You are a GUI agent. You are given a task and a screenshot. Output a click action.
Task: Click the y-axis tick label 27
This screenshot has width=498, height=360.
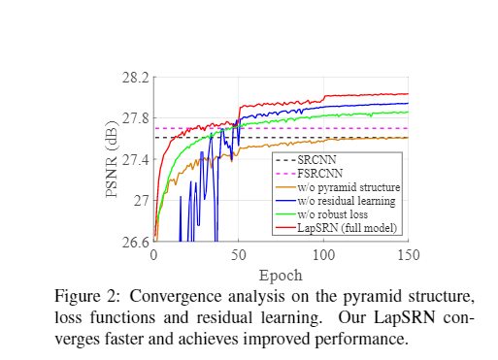(x=140, y=201)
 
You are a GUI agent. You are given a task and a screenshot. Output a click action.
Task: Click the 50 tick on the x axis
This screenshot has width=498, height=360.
(x=239, y=255)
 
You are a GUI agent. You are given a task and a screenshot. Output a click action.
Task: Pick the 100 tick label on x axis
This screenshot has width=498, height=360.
(x=323, y=255)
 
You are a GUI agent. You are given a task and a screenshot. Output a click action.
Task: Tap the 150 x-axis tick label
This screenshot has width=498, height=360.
(x=408, y=255)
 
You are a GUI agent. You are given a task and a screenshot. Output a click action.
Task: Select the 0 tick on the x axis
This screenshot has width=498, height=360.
(x=154, y=255)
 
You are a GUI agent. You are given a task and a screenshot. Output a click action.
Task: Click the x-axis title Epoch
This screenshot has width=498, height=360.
(x=281, y=275)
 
